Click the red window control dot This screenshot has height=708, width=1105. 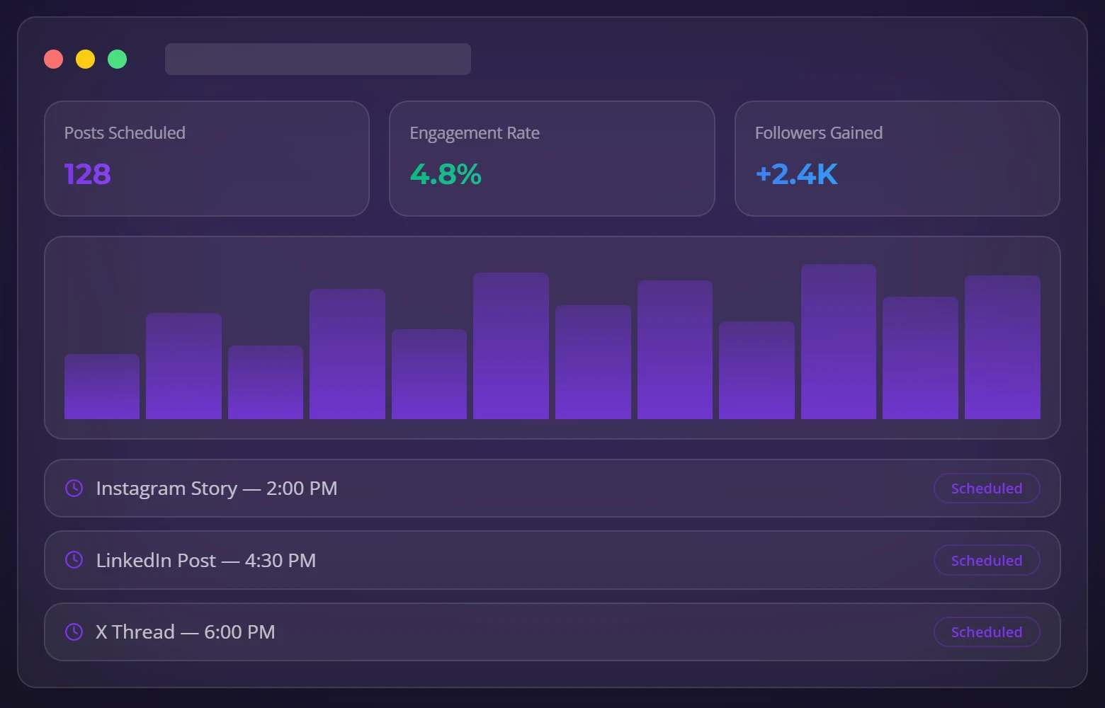(x=54, y=59)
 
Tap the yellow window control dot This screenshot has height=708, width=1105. (x=86, y=59)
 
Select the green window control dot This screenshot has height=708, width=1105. (x=118, y=59)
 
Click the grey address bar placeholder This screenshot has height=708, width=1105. (x=317, y=59)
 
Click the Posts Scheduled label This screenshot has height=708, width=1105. (x=125, y=133)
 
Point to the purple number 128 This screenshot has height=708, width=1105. (x=88, y=174)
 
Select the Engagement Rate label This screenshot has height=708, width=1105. (x=475, y=133)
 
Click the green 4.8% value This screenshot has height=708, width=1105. (x=446, y=174)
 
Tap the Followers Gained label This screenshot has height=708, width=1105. (x=818, y=133)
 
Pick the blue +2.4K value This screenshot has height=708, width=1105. (x=796, y=174)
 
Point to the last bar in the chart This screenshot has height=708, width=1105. (x=1002, y=348)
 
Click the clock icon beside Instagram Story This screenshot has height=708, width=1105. (x=74, y=488)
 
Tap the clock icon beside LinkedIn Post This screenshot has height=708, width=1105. (x=74, y=560)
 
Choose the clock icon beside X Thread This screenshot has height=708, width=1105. (x=74, y=632)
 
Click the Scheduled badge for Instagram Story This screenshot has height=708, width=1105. (x=986, y=489)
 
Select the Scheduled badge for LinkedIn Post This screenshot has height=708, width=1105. (x=986, y=560)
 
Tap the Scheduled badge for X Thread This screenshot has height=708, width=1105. (x=986, y=632)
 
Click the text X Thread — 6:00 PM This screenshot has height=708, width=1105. (x=186, y=632)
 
